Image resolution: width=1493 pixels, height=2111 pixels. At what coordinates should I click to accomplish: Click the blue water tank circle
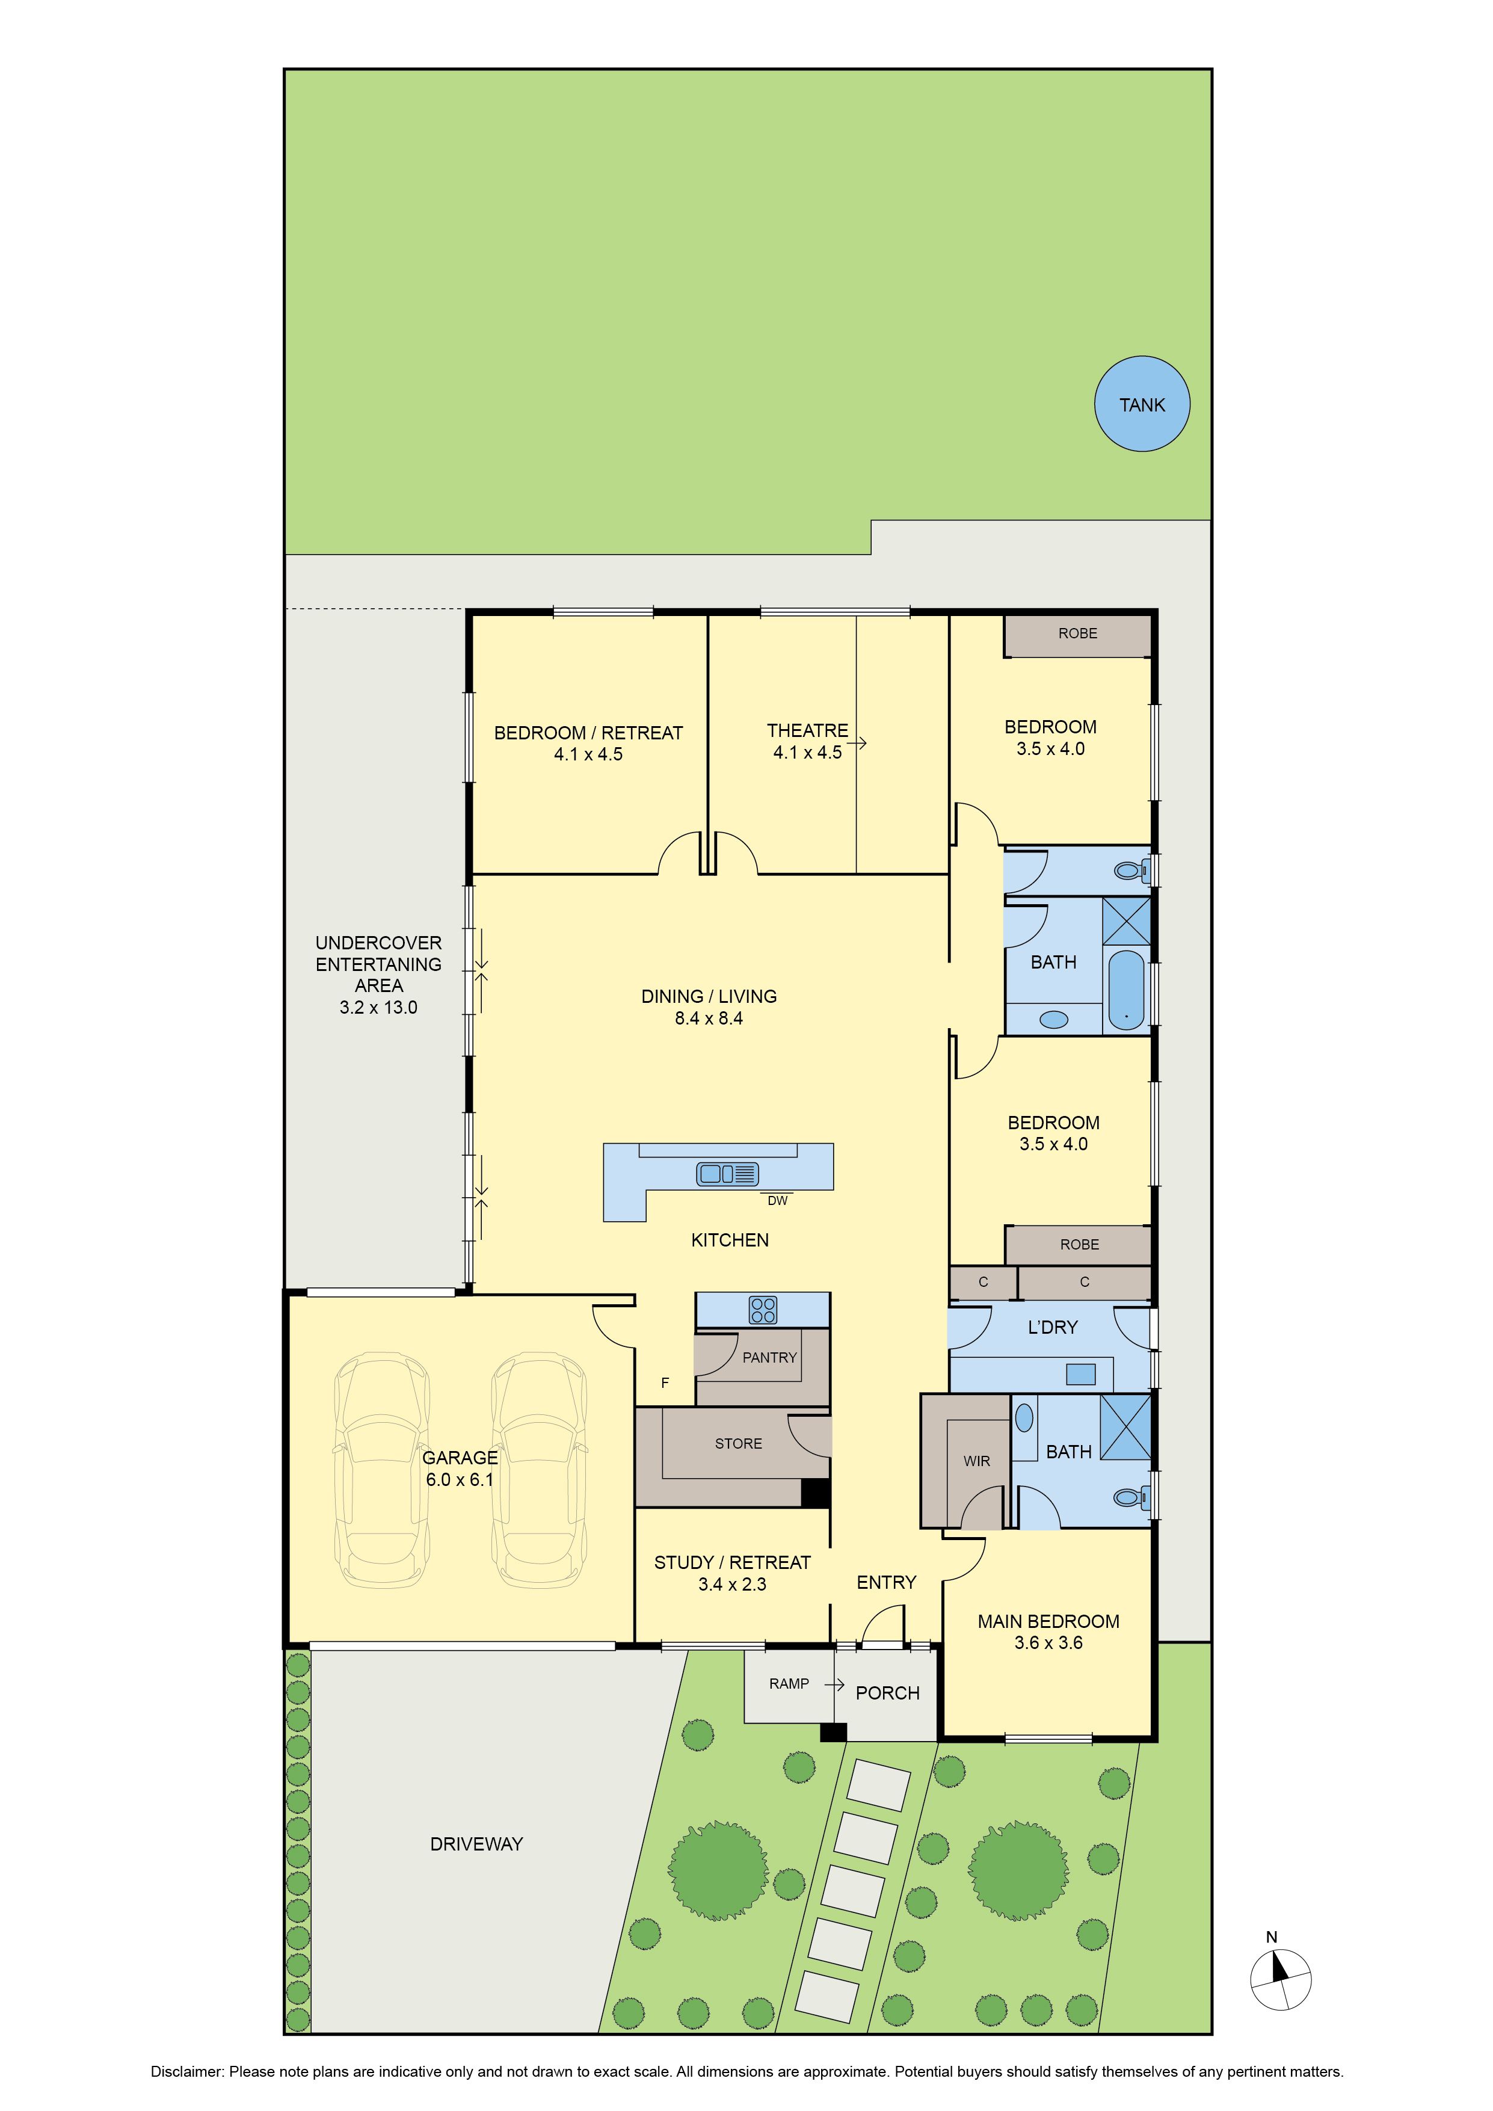1142,404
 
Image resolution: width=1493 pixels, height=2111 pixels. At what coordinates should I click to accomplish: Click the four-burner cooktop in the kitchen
763,1309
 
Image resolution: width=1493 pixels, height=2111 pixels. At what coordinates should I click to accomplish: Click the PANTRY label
769,1357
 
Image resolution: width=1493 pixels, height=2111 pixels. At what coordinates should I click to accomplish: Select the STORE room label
738,1443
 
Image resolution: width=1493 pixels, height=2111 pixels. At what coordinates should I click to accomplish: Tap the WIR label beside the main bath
976,1461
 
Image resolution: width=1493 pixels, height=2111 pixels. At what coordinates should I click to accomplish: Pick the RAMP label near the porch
789,1683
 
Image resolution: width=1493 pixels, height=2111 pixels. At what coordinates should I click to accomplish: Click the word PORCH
887,1693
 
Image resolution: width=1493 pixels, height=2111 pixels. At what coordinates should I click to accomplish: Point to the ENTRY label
886,1582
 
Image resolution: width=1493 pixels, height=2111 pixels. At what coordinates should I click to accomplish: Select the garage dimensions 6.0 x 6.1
460,1479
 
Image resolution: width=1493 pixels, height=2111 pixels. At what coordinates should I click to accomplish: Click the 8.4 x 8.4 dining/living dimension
709,1018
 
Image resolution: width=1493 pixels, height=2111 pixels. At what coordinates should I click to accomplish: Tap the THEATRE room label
807,730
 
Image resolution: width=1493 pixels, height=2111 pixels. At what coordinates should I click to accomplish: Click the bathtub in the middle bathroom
1126,989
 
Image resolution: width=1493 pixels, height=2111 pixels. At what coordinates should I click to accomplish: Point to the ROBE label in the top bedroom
1077,633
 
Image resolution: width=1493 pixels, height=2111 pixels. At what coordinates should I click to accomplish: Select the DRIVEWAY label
476,1843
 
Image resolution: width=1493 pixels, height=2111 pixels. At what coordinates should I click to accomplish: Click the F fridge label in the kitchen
665,1383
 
